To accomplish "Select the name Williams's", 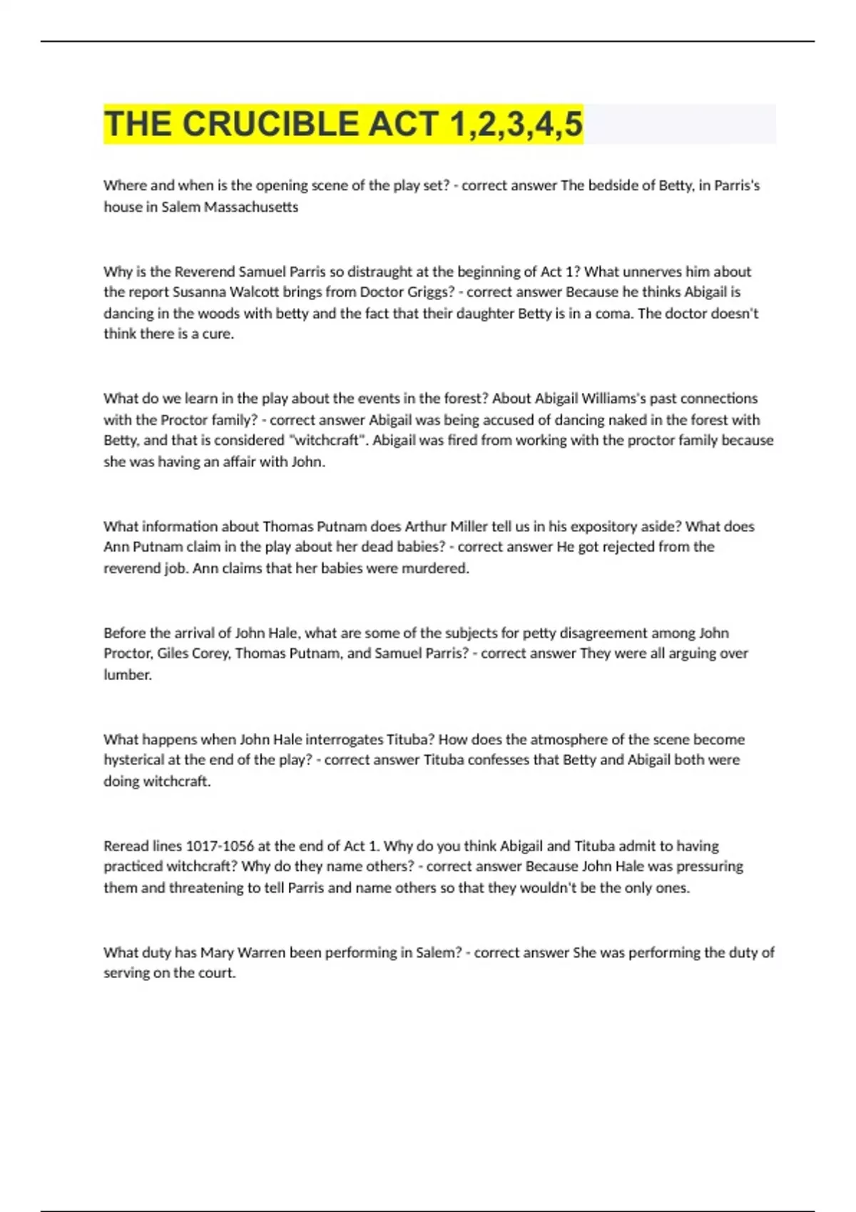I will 618,398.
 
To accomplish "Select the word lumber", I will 128,674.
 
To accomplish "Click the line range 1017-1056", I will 220,846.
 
